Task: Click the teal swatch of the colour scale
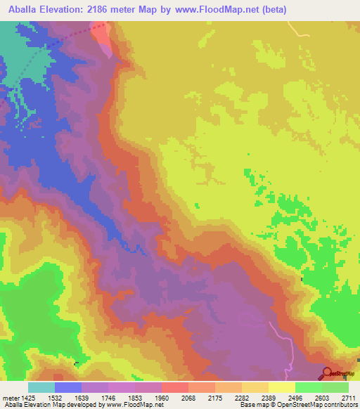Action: click(x=41, y=387)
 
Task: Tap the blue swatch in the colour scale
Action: click(x=68, y=387)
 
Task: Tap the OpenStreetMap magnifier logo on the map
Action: click(x=328, y=373)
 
